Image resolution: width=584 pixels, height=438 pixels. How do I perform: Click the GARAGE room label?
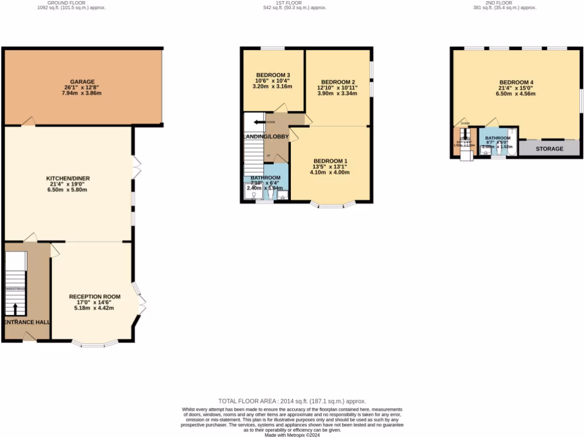click(83, 82)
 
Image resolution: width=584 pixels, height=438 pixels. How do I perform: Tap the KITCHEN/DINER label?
click(68, 179)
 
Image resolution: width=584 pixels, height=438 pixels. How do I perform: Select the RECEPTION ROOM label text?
click(95, 297)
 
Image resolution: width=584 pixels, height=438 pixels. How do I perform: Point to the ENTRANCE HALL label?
click(27, 322)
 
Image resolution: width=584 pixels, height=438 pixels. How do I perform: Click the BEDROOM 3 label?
click(273, 75)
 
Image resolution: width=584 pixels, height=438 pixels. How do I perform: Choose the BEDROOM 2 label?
click(338, 82)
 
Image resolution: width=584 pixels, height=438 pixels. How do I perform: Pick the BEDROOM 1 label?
click(330, 160)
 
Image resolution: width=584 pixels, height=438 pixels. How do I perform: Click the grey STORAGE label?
click(549, 149)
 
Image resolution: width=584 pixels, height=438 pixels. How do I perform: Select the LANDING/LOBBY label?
click(265, 137)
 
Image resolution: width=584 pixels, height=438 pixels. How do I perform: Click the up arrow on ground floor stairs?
click(15, 309)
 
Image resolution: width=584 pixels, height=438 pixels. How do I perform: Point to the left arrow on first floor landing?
click(259, 122)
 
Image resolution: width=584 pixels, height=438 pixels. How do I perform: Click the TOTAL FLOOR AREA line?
click(292, 401)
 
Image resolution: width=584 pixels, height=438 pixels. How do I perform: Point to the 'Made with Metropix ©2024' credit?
click(292, 435)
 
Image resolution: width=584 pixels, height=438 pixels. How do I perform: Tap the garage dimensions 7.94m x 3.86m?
click(82, 93)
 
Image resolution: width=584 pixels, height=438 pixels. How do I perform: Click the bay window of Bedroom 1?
click(334, 204)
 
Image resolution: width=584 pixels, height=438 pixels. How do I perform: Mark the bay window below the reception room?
click(96, 344)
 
